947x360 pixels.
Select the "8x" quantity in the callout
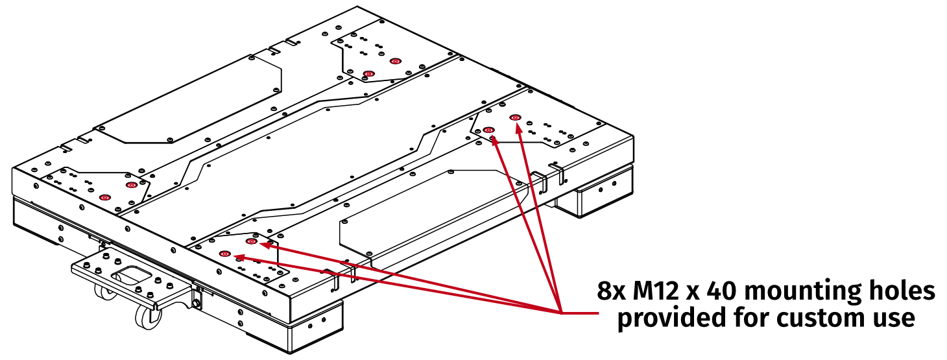612,292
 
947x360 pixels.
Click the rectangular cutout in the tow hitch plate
132,278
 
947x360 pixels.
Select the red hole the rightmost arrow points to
516,117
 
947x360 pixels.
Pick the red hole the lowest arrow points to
225,253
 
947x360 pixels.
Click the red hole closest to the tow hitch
105,197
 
